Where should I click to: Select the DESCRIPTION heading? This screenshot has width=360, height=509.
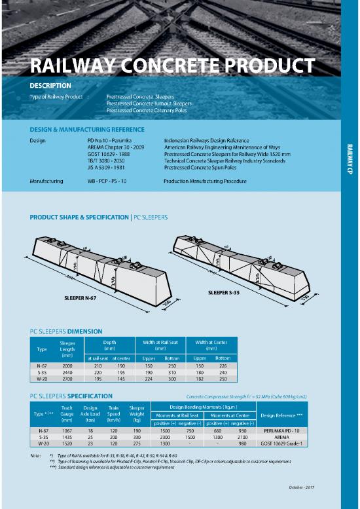click(50, 86)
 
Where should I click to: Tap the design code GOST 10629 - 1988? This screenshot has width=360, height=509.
click(109, 155)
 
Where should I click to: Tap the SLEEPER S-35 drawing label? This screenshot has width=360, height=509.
click(223, 292)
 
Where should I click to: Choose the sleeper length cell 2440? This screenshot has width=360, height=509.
click(67, 372)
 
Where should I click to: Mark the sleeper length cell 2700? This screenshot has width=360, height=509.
click(67, 379)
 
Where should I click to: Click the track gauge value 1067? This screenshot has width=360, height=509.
click(67, 430)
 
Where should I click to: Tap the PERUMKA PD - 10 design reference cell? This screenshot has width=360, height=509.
click(282, 430)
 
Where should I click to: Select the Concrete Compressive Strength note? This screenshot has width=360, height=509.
click(247, 397)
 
